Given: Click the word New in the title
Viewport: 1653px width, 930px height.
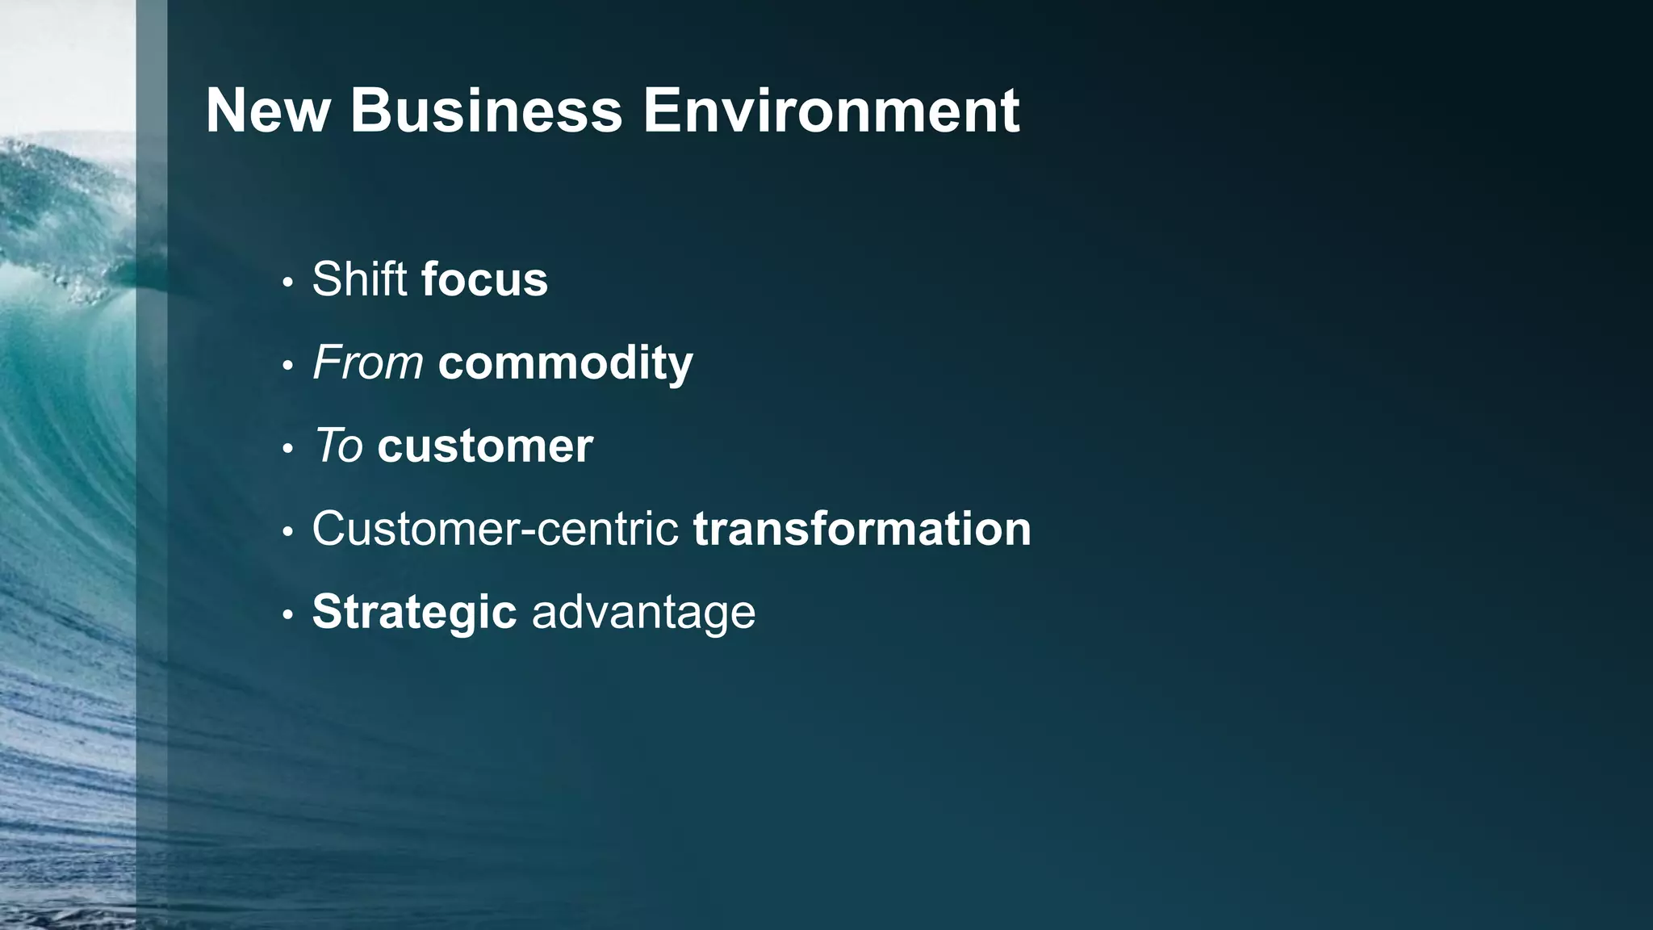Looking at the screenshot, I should pyautogui.click(x=268, y=111).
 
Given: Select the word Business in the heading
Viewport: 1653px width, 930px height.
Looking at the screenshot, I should pyautogui.click(x=486, y=111).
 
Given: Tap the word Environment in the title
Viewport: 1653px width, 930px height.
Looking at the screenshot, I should pyautogui.click(x=831, y=111).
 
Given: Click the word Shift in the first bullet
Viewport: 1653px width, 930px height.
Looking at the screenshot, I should pyautogui.click(x=359, y=279).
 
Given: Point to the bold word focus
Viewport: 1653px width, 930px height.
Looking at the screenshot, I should pyautogui.click(x=484, y=279).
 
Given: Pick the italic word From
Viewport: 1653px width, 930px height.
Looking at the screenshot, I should pyautogui.click(x=368, y=362).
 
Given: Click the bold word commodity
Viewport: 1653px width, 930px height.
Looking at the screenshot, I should pyautogui.click(x=565, y=362).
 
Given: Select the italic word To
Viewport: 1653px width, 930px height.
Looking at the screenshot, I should pyautogui.click(x=338, y=446).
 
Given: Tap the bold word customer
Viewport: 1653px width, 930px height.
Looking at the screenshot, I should pyautogui.click(x=485, y=446).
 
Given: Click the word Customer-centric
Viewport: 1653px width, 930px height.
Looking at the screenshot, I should pyautogui.click(x=495, y=529).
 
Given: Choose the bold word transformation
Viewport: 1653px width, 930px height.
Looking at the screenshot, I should pyautogui.click(x=862, y=529).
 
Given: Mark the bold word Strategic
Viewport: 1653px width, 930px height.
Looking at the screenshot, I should pyautogui.click(x=414, y=612).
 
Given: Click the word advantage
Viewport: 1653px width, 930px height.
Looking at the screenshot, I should pyautogui.click(x=643, y=612).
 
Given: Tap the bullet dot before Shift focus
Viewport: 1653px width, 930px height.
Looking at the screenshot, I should pyautogui.click(x=287, y=283).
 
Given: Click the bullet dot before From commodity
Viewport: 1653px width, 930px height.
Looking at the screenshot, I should pyautogui.click(x=287, y=366).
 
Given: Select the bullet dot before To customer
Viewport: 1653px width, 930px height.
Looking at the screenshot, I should pyautogui.click(x=287, y=449).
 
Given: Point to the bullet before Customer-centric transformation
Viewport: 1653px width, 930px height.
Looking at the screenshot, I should pyautogui.click(x=287, y=532).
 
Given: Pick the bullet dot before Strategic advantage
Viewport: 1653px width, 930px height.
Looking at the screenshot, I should pyautogui.click(x=287, y=615).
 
